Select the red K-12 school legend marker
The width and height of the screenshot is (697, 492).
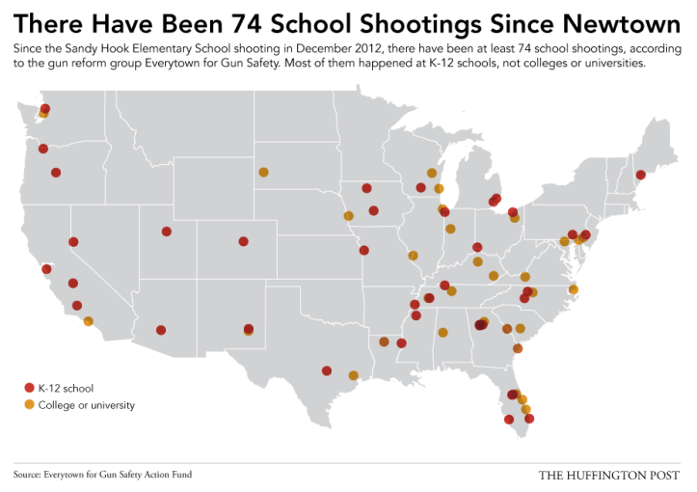[x=29, y=387]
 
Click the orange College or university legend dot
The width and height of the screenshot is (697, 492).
[x=29, y=405]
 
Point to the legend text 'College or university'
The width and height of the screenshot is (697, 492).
[x=86, y=405]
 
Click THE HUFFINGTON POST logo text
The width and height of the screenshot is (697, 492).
[x=609, y=475]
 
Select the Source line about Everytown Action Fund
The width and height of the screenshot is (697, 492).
[x=109, y=475]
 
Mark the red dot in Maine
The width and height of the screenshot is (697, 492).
[x=640, y=175]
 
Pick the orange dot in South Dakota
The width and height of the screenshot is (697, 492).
[x=263, y=173]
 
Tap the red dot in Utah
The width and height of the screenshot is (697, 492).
[x=167, y=232]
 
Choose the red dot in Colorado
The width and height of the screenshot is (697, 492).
[x=244, y=242]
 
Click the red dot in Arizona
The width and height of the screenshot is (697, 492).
[x=161, y=330]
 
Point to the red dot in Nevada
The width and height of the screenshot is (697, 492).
[x=73, y=242]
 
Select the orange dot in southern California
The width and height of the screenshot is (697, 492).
[x=89, y=321]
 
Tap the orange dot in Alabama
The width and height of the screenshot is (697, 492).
[x=443, y=334]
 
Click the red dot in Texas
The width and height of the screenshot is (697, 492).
[x=327, y=370]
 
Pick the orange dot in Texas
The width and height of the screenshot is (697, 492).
[x=354, y=375]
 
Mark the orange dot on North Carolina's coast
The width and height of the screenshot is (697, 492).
[x=573, y=289]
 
